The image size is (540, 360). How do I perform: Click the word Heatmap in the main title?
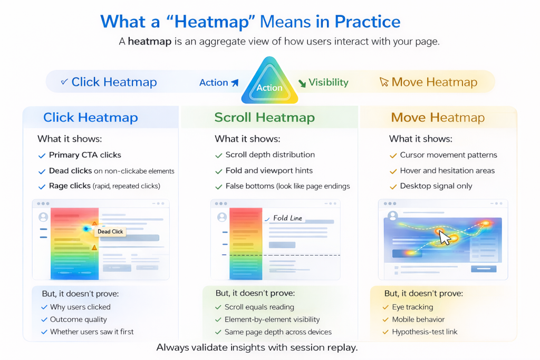(211, 22)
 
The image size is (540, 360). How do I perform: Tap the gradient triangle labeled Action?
(269, 82)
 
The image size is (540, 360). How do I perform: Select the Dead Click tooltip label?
(110, 231)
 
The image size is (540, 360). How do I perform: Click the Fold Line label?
(287, 218)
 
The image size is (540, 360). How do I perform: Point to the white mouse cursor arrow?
(445, 237)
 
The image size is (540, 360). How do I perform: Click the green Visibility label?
(328, 82)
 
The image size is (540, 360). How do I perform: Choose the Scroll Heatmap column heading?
(265, 118)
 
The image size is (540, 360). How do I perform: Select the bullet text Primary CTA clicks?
(85, 155)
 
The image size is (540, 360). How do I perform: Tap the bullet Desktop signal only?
(436, 186)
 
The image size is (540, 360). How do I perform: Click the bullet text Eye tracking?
(412, 307)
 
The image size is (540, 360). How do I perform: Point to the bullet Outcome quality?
(79, 319)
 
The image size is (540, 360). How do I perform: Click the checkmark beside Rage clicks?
(42, 187)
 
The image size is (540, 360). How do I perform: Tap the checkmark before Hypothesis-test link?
(385, 332)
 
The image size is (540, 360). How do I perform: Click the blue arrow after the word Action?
(235, 83)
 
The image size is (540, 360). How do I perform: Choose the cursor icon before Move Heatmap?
(384, 82)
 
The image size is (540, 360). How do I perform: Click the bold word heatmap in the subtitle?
(149, 42)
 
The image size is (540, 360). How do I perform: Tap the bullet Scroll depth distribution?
(270, 155)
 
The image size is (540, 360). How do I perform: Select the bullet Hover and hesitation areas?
(447, 171)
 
